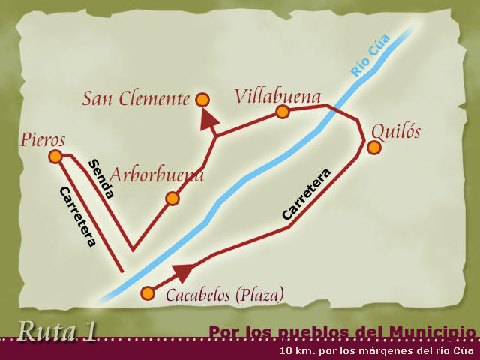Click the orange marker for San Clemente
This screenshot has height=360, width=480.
click(x=202, y=99)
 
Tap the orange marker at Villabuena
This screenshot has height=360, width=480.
click(x=282, y=112)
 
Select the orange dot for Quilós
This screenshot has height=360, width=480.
click(x=374, y=148)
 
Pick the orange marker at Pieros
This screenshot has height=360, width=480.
click(x=55, y=156)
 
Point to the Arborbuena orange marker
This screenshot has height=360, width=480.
click(x=172, y=199)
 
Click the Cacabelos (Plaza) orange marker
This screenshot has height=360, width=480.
click(x=148, y=292)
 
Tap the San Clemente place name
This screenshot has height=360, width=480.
click(x=136, y=98)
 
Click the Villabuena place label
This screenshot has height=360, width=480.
click(x=277, y=96)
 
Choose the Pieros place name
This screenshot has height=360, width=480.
click(x=43, y=139)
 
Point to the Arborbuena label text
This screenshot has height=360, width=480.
click(x=157, y=176)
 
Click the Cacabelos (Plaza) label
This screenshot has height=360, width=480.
click(x=225, y=295)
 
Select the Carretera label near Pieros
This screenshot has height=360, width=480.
click(x=77, y=216)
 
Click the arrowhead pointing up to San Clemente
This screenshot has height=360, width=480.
click(x=209, y=118)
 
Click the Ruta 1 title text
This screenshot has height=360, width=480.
click(x=58, y=330)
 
